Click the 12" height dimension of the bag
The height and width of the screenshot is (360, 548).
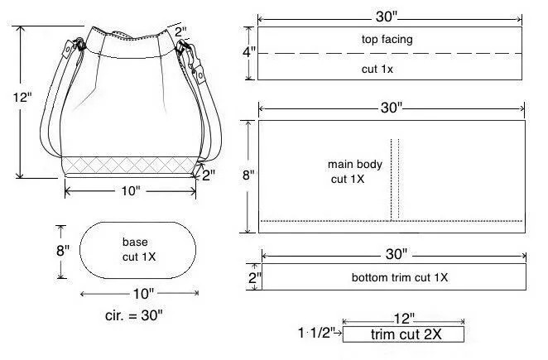pos(22,97)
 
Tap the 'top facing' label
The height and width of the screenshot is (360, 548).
pos(387,39)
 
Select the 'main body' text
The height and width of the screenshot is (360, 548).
pos(355,164)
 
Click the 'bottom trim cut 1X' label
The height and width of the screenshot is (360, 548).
pos(400,277)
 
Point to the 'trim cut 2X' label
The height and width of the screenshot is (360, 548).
pos(406,334)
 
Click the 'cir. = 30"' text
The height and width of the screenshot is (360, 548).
pos(134,315)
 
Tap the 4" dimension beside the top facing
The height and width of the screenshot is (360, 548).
pos(249,52)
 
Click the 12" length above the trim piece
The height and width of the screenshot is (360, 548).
pos(404,319)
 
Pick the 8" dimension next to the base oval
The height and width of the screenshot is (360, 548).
pos(63,250)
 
